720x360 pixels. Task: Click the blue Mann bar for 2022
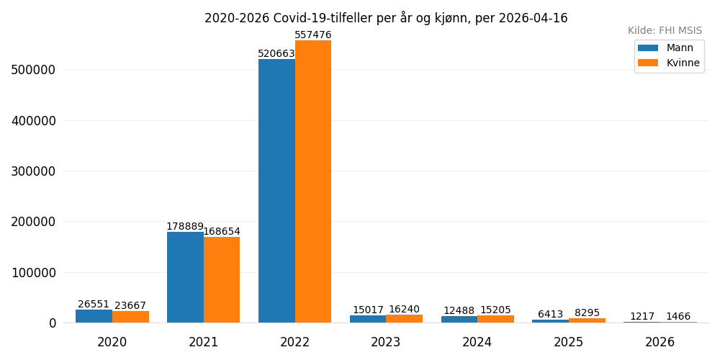[x=276, y=191]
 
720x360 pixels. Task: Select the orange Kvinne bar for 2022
[x=313, y=181]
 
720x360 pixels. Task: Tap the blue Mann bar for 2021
[x=185, y=277]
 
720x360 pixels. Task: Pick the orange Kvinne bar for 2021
[x=222, y=280]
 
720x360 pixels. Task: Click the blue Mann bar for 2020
[x=94, y=316]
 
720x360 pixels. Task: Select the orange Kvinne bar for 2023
[x=404, y=318]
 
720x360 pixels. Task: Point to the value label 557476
[x=313, y=35]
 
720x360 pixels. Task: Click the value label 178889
[x=185, y=226]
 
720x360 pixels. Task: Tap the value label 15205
[x=495, y=310]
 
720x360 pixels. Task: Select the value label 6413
[x=550, y=315]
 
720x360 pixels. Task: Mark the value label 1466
[x=678, y=316]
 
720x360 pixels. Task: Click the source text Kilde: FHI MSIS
[x=665, y=31]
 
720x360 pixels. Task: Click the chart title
[x=386, y=18]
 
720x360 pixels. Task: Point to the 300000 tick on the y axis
[x=33, y=171]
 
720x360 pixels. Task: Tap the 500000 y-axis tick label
[x=33, y=70]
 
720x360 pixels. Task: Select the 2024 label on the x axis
[x=477, y=342]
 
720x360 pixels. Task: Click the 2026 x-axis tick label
[x=660, y=342]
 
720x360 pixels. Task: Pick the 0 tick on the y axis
[x=53, y=323]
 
